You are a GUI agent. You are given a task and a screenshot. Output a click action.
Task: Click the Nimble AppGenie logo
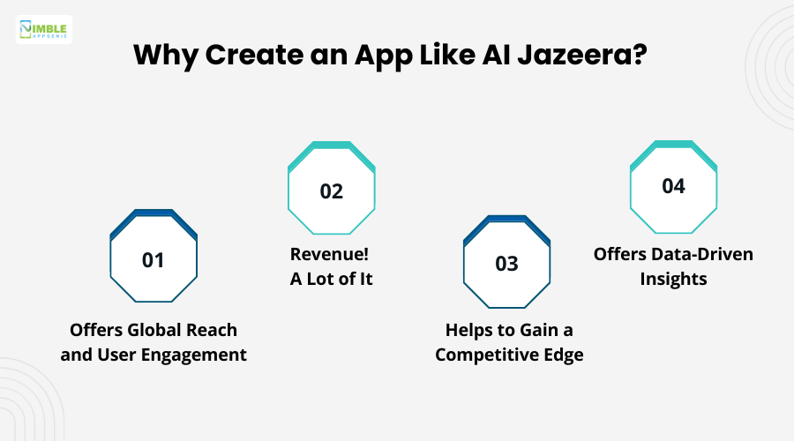44,29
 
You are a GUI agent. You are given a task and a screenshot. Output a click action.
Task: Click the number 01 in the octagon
154,260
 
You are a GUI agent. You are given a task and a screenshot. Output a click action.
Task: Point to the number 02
331,191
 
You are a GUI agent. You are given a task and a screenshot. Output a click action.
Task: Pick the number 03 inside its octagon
506,264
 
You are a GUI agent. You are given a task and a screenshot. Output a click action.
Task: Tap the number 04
673,186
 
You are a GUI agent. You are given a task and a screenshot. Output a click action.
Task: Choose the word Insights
673,279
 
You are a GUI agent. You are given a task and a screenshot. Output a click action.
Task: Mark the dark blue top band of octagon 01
154,213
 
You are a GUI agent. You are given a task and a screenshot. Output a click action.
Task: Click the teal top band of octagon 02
331,144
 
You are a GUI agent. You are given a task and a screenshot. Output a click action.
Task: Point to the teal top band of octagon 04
673,144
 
